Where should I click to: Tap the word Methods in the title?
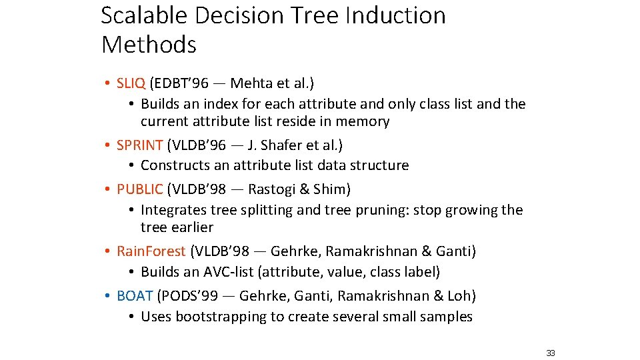click(149, 45)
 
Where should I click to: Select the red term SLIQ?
click(131, 83)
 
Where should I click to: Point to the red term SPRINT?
click(139, 145)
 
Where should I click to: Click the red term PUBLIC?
click(139, 189)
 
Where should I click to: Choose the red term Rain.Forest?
click(151, 251)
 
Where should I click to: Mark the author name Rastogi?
click(272, 189)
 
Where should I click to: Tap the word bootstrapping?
click(221, 317)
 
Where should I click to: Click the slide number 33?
click(550, 353)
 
